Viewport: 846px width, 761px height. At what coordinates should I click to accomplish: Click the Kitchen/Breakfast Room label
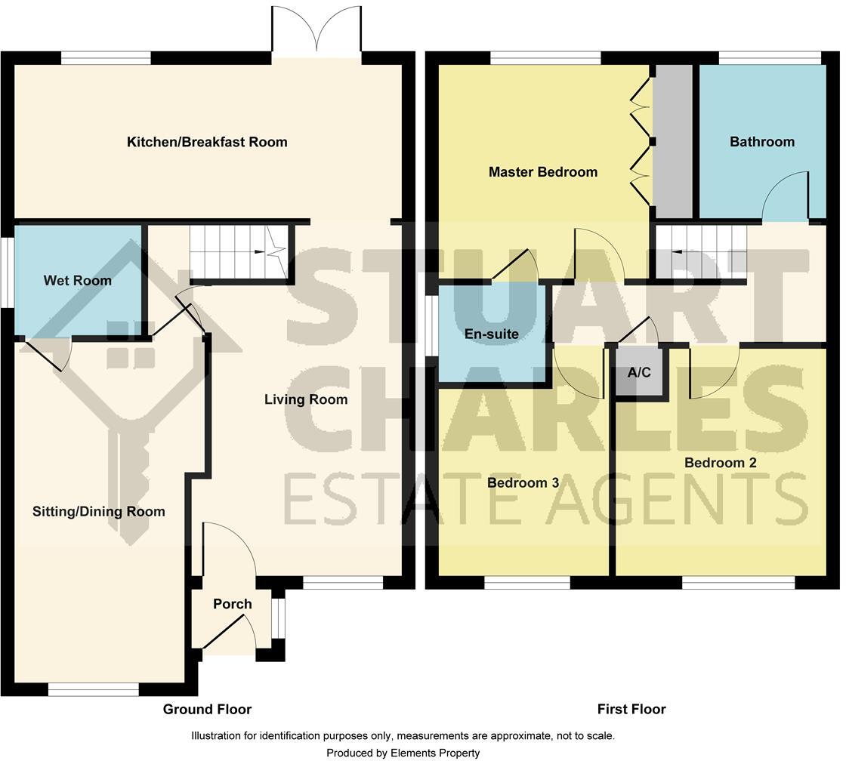(207, 142)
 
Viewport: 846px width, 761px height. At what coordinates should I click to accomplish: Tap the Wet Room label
(77, 281)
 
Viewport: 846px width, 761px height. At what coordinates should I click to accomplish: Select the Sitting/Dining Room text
(98, 512)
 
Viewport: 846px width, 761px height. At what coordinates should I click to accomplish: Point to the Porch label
(232, 604)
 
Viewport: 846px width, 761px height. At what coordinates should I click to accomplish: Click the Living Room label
(305, 399)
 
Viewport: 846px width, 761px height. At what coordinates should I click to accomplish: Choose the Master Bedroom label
(542, 172)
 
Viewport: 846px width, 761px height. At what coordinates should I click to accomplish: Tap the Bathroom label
(761, 142)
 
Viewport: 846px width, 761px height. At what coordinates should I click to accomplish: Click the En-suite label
(491, 334)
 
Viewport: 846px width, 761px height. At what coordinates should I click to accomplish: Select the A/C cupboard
(639, 372)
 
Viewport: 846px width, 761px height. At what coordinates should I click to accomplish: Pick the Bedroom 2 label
(720, 463)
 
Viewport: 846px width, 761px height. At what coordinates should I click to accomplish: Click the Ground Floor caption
(207, 709)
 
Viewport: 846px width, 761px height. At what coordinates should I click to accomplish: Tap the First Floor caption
(631, 709)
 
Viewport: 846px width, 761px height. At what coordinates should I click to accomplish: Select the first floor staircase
(701, 252)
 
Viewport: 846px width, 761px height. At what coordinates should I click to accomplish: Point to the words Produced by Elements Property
(403, 753)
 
